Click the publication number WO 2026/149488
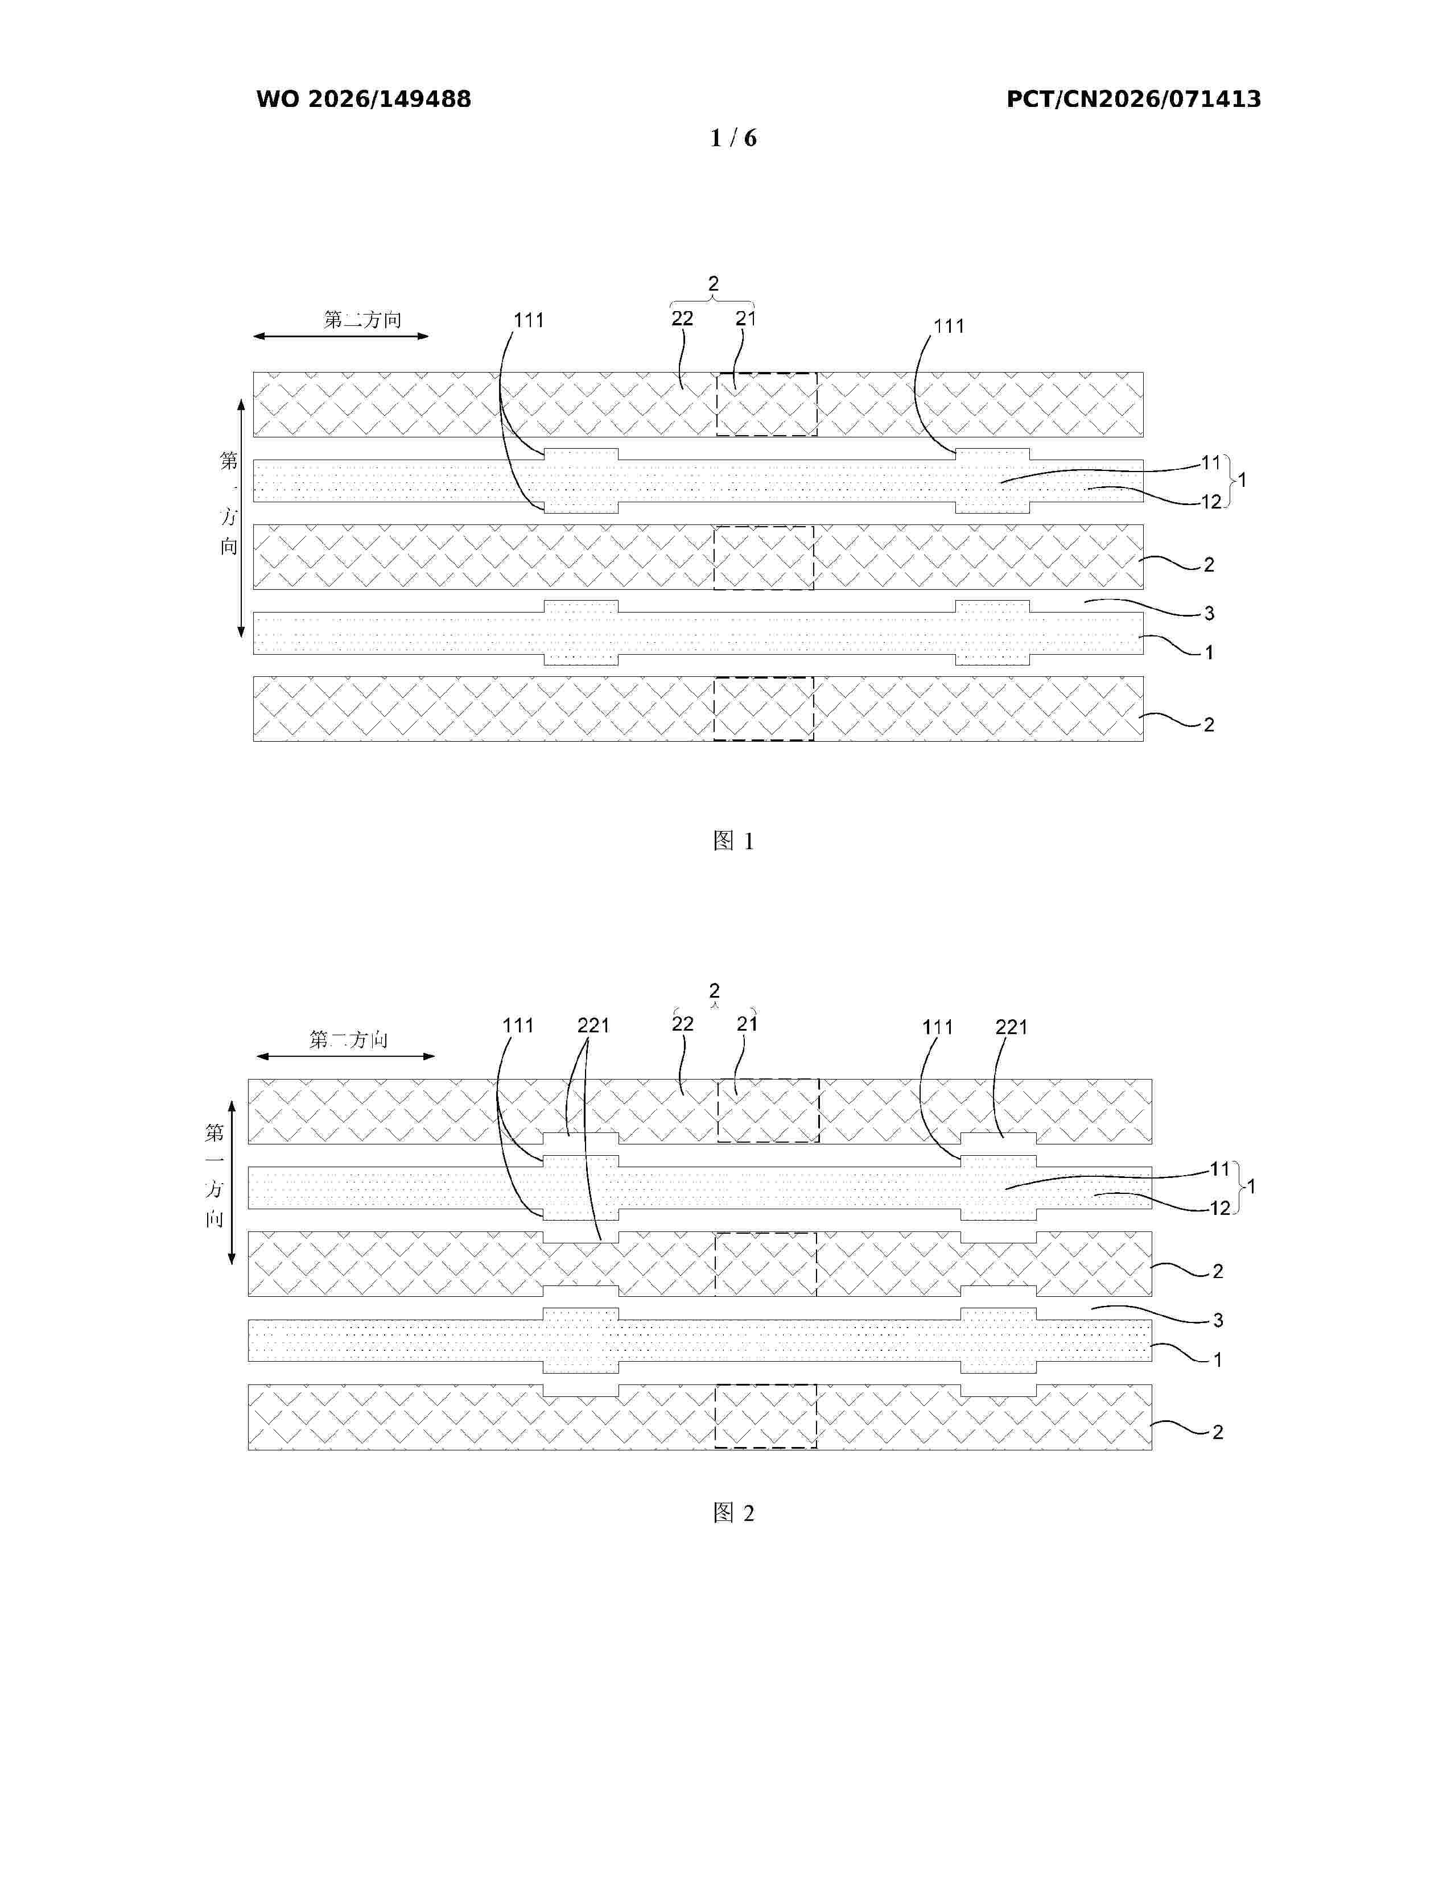(364, 100)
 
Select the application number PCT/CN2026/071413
(1134, 100)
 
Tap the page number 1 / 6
(733, 138)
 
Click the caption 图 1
(733, 841)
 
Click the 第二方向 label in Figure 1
(363, 320)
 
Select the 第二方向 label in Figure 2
(348, 1040)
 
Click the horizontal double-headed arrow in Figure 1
(340, 336)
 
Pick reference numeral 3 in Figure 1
(1210, 614)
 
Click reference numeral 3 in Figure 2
(1218, 1320)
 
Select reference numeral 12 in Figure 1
(1211, 502)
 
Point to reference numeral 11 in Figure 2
(1221, 1169)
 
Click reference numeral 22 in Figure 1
(682, 319)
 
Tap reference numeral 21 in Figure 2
(747, 1024)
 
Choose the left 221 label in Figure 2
(593, 1026)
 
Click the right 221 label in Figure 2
(1012, 1027)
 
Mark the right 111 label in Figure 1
(949, 326)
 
